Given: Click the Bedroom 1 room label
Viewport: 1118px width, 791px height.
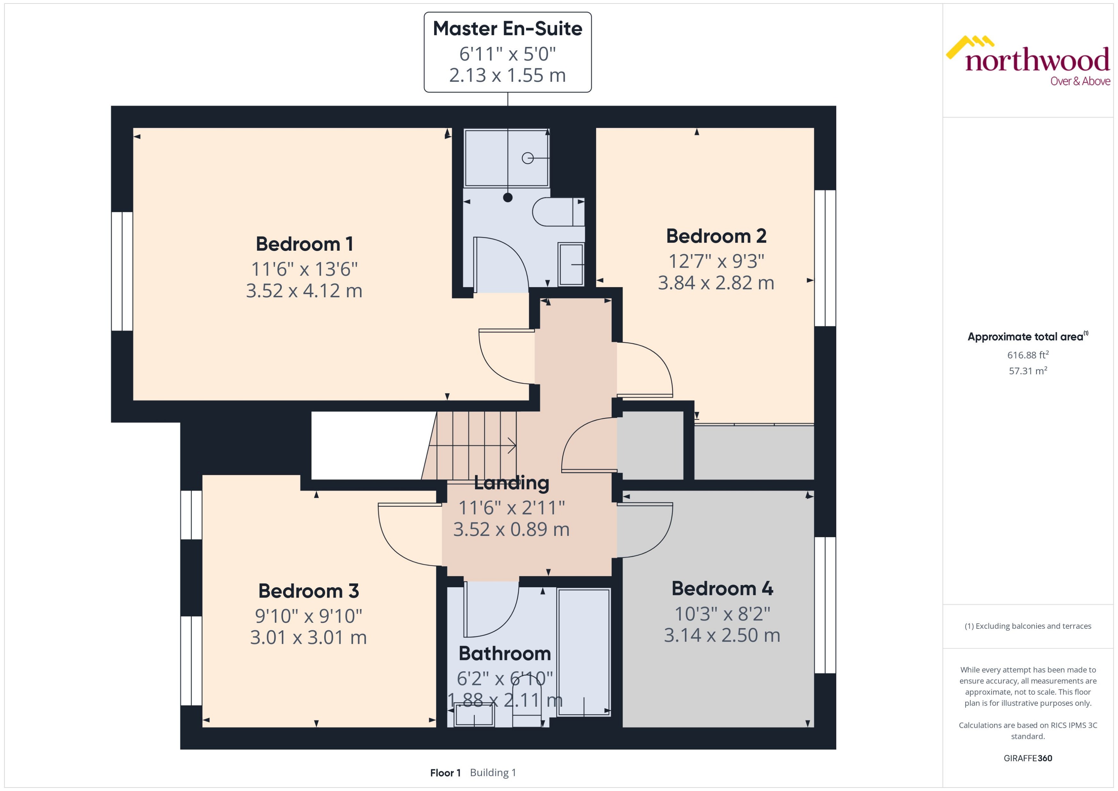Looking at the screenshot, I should tap(304, 244).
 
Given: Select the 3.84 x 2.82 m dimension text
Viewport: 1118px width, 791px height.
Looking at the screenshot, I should tap(716, 283).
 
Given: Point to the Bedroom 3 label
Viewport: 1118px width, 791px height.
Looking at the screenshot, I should tap(308, 591).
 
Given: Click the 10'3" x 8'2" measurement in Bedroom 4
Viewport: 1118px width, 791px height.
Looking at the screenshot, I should tap(722, 614).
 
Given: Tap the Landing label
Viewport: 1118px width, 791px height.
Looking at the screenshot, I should tap(511, 483).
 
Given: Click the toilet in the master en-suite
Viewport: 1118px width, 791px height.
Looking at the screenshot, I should tap(558, 212).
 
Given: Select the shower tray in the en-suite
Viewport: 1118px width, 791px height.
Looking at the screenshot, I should tap(506, 157).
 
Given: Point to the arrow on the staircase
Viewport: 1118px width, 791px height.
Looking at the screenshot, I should tap(511, 445).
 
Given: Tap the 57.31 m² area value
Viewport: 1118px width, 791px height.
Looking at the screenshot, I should tap(1028, 371).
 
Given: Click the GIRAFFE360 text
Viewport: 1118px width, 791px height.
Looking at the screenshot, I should tap(1028, 758).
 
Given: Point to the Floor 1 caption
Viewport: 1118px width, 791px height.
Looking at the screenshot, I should tap(445, 772).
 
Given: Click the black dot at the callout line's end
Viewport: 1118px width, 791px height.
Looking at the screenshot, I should tap(508, 198).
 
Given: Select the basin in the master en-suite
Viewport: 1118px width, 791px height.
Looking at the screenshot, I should tap(571, 264).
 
